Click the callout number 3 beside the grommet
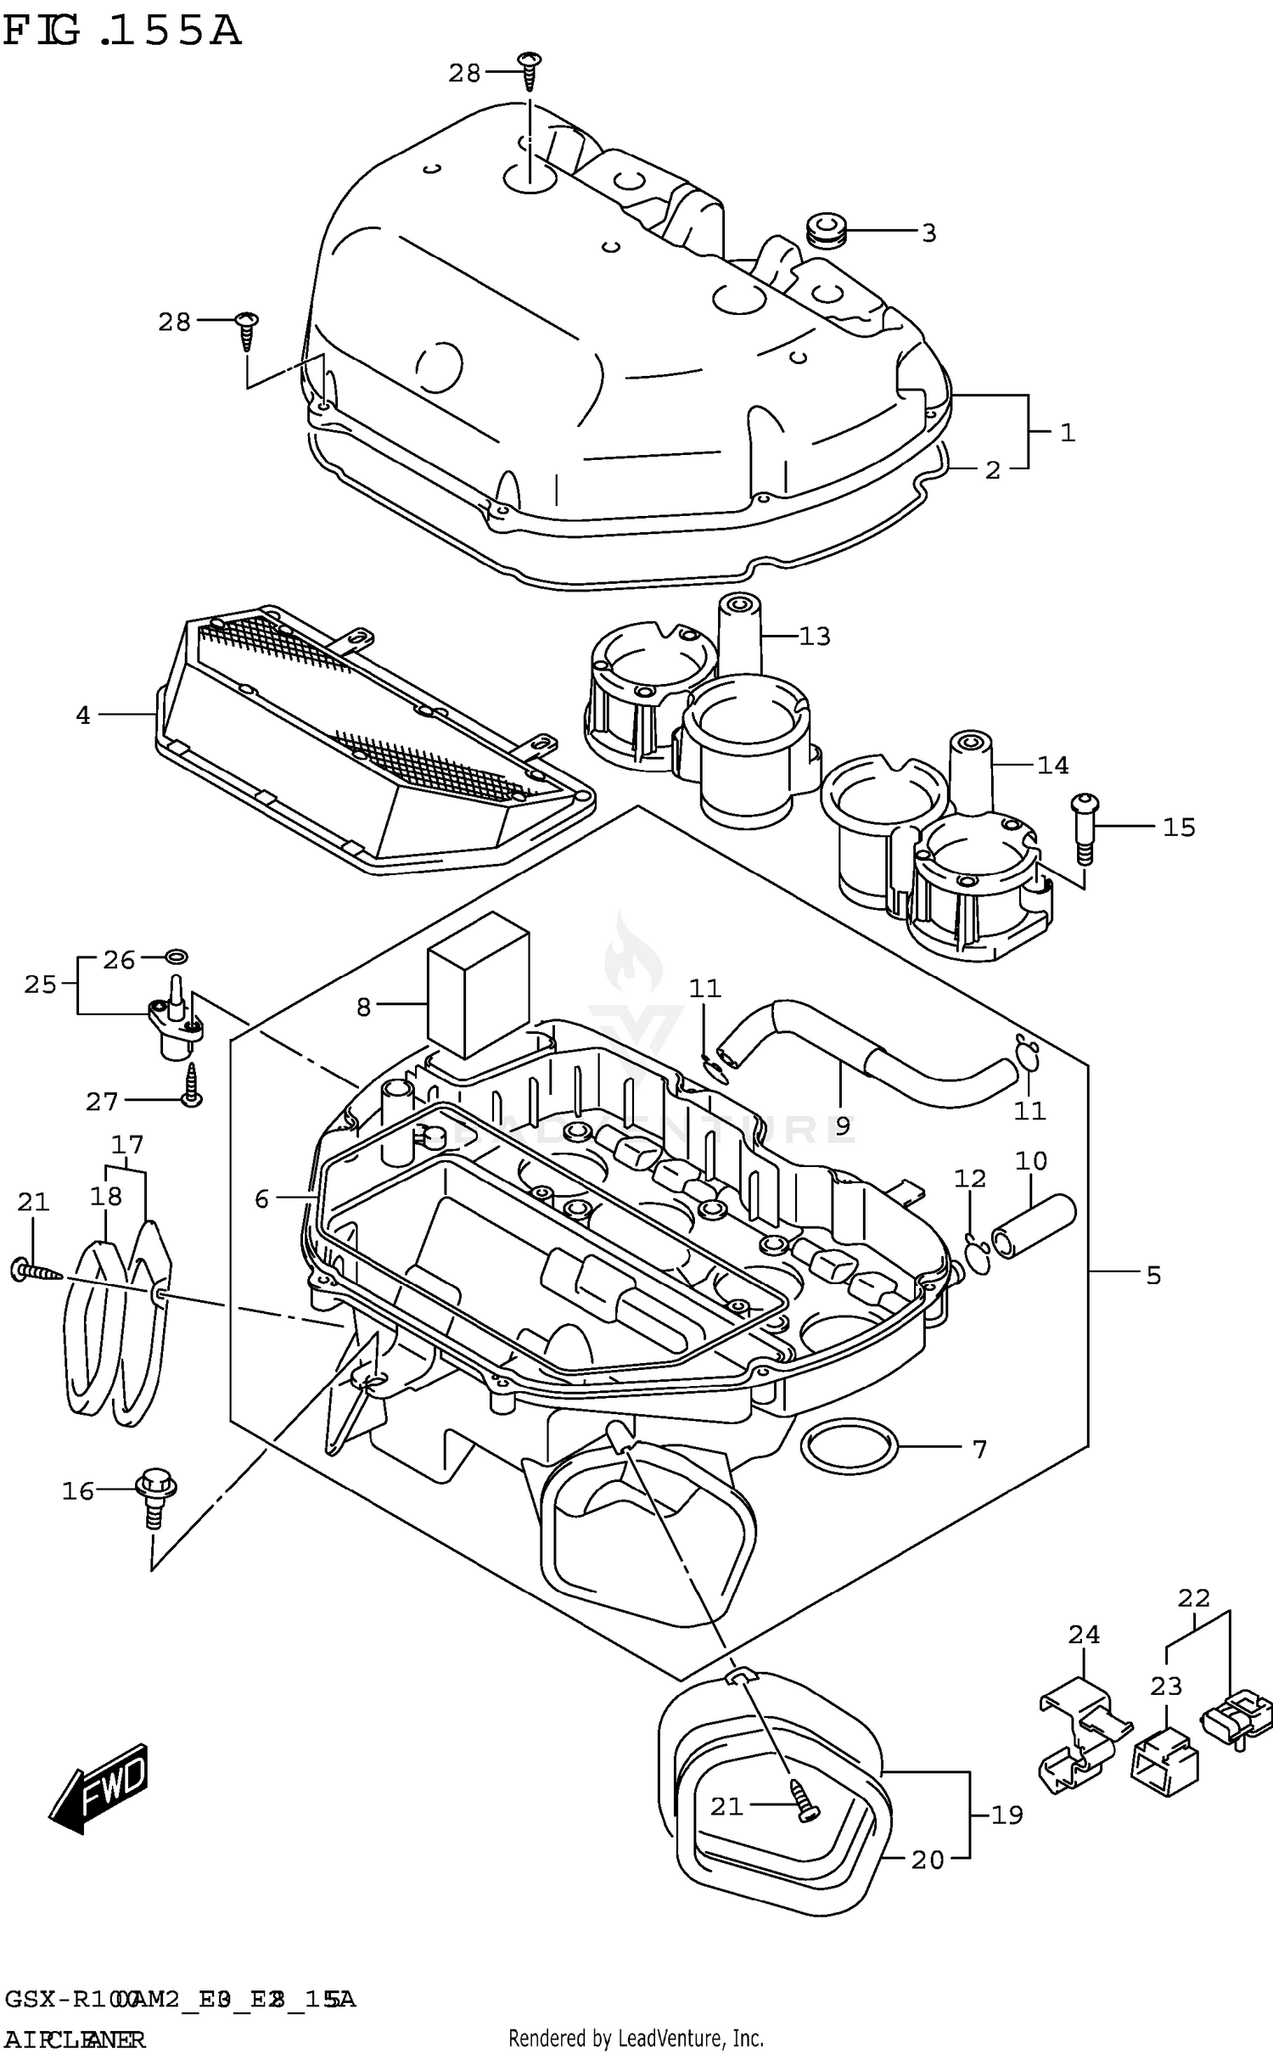928,233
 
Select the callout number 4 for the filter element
82,716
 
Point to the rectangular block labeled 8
478,986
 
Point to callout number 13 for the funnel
814,636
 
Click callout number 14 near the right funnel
1052,766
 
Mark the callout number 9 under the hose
842,1125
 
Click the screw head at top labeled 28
530,63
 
